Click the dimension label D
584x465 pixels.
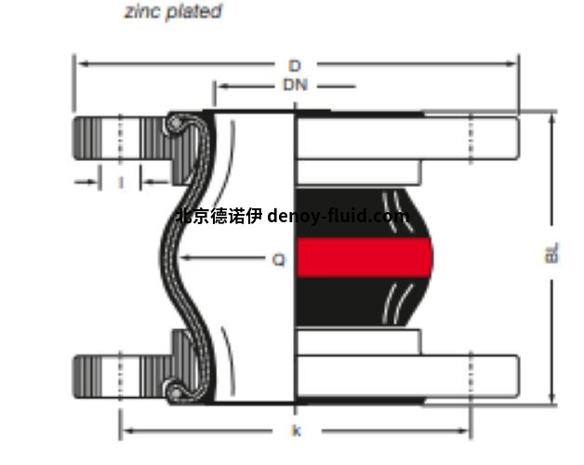tap(295, 65)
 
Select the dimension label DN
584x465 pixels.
tap(295, 86)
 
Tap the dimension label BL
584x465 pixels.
tap(552, 253)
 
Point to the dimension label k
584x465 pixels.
tap(296, 432)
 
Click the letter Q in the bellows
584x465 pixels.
tap(278, 260)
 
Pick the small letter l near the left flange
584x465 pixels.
tap(121, 182)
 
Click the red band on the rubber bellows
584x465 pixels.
tap(365, 258)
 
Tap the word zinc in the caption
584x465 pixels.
tap(142, 12)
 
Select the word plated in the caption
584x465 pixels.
tap(193, 12)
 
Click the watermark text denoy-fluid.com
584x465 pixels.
tap(338, 217)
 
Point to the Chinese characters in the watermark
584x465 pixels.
tap(219, 217)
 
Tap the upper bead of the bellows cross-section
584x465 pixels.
tap(174, 123)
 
